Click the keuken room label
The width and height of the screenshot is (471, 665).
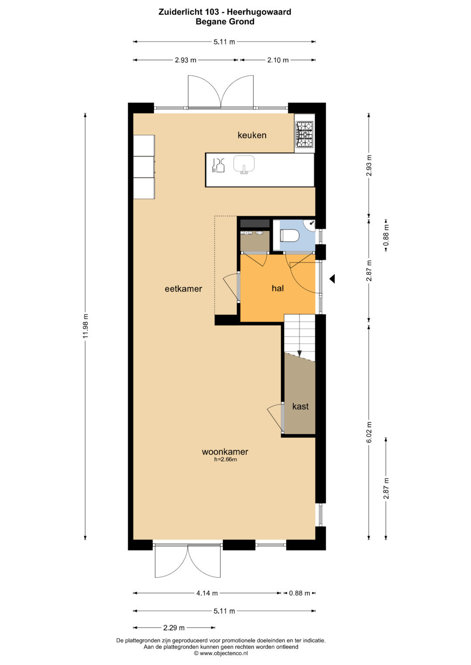pos(252,135)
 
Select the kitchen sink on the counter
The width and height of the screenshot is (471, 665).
pos(244,164)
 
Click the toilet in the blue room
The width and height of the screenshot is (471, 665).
pos(290,236)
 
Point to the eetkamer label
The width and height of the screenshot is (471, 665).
pos(184,289)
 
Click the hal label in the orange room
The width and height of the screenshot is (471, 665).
pos(278,288)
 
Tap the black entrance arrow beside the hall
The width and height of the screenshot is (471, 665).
pos(332,279)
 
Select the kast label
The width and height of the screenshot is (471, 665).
pos(300,406)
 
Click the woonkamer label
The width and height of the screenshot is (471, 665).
pos(225,452)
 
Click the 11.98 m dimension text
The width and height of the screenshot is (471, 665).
pos(85,326)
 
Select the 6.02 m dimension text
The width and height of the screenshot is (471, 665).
pos(369,432)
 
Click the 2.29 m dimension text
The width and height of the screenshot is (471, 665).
pos(174,628)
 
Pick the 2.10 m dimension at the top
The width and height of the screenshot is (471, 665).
pos(278,60)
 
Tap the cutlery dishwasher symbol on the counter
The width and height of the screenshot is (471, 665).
pos(218,165)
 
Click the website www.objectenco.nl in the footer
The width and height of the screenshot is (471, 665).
pos(221,653)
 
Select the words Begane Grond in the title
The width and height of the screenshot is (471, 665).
pos(225,22)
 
